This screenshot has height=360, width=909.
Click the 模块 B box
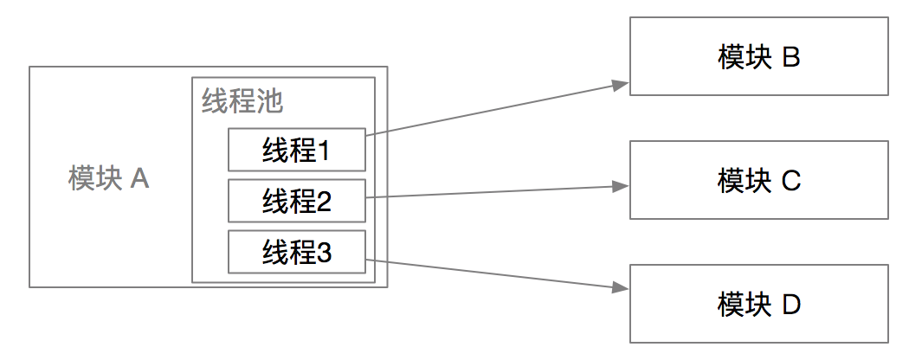(758, 57)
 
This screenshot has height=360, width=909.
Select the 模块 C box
(758, 181)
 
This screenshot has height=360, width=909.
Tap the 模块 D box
(758, 304)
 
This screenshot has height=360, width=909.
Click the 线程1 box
(297, 150)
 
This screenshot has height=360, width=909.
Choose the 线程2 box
(297, 201)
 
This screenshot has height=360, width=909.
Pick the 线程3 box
(297, 252)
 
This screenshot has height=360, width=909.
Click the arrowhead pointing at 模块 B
(619, 84)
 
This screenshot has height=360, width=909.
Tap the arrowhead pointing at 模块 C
(619, 185)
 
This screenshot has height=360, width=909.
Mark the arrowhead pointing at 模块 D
(619, 289)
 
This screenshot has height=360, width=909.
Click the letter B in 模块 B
(790, 57)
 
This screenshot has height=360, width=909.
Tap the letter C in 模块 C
(791, 181)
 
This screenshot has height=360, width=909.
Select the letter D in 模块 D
(791, 304)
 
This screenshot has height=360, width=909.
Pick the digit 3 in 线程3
(325, 252)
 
